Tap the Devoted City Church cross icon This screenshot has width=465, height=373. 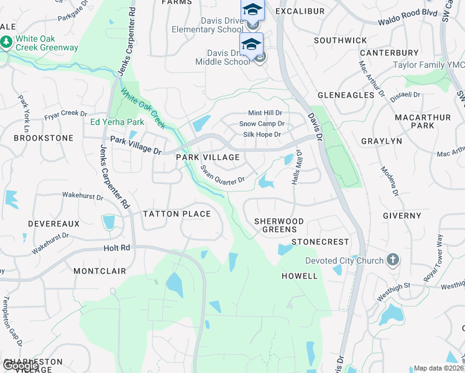click(392, 260)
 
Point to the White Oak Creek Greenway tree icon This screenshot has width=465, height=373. click(7, 42)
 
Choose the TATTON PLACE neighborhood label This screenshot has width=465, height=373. click(177, 214)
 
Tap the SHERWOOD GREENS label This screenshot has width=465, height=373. click(279, 226)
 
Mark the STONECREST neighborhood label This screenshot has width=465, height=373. click(320, 241)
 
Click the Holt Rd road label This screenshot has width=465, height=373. click(117, 247)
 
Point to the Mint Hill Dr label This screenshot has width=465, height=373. click(265, 113)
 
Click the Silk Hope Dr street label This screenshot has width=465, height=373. click(262, 134)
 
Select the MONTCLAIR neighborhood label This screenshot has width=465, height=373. click(99, 271)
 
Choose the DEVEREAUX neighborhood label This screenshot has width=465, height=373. click(53, 223)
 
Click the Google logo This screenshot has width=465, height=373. click(21, 366)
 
